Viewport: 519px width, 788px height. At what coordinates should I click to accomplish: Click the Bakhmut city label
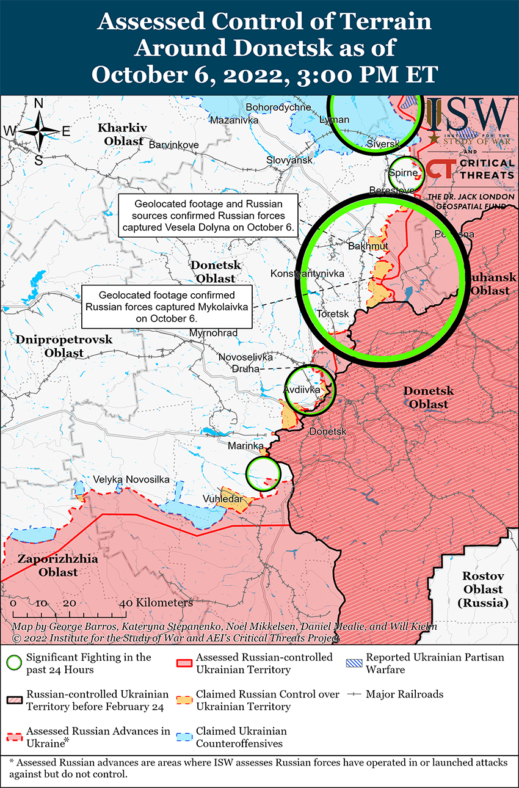pos(368,246)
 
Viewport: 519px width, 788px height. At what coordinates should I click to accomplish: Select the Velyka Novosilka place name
pos(131,480)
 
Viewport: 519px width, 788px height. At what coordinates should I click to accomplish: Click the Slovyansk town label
pos(289,160)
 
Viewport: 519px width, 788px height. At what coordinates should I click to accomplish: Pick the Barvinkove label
pos(173,144)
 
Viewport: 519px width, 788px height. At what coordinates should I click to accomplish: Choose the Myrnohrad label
pos(214,333)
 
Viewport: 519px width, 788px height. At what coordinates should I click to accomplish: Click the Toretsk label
pos(333,313)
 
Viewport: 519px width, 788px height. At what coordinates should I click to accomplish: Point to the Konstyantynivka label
pos(307,273)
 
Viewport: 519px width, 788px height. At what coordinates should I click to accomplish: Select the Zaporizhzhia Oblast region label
pos(48,566)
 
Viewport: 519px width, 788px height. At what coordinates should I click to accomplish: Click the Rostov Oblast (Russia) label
pos(482,589)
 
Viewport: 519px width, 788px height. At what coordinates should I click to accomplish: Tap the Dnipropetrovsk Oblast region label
pos(64,346)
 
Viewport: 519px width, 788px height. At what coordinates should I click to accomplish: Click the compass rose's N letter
pos(38,103)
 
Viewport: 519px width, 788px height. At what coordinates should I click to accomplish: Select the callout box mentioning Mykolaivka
pos(167,306)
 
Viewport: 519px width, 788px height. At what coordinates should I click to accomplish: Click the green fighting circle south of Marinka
pos(263,473)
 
